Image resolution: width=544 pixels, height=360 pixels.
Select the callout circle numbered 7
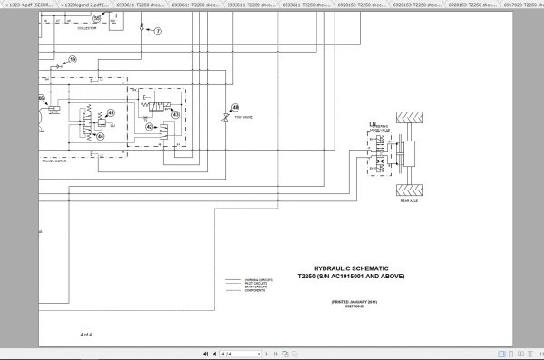(157, 31)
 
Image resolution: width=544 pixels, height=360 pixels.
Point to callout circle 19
(73, 60)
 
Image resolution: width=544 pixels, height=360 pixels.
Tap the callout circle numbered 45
(111, 113)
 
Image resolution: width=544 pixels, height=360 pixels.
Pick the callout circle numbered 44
(100, 136)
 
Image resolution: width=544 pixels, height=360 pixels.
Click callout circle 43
(175, 115)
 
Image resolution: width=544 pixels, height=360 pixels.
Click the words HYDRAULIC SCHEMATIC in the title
(330, 268)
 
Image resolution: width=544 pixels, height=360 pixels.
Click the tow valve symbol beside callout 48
(225, 118)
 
